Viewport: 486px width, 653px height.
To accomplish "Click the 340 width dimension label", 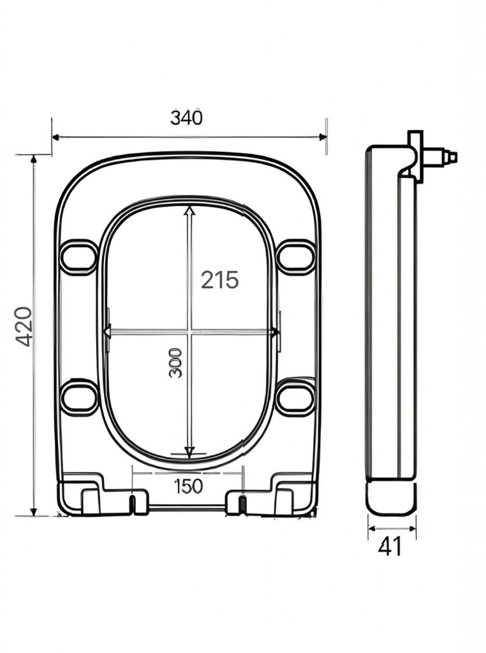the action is [186, 118].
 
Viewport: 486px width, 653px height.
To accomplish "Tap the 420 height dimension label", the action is [24, 326].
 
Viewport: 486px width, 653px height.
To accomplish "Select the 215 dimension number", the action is [220, 279].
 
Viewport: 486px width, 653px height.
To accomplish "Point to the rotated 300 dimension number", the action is [176, 363].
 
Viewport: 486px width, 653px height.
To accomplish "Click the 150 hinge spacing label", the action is [188, 486].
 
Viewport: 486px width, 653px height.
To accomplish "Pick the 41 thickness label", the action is [390, 546].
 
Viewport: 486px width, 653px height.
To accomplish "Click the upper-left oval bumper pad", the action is [78, 256].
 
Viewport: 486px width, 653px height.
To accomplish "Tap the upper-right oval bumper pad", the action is [296, 256].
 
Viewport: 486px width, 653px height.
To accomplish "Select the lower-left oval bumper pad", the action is [79, 397].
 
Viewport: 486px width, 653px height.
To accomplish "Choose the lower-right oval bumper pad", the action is [296, 397].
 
